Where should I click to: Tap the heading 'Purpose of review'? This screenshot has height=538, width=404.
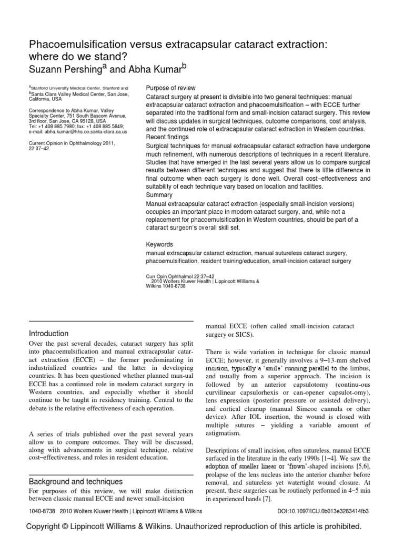pos(170,88)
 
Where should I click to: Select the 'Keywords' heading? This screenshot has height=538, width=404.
pos(159,244)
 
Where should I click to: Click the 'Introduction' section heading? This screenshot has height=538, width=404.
pos(48,333)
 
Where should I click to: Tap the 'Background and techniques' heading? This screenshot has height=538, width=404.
pos(76,481)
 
